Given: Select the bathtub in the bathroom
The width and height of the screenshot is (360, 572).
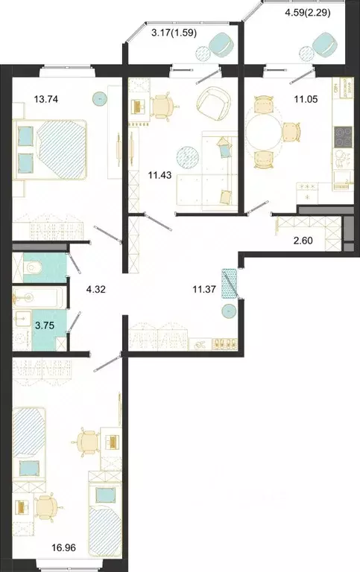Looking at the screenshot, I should [37, 298].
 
